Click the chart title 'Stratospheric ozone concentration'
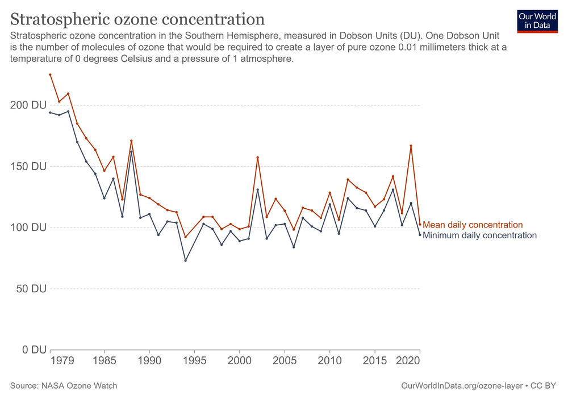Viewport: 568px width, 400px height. (137, 19)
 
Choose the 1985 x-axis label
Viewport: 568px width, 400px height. (104, 361)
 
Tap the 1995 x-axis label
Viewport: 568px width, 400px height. (194, 361)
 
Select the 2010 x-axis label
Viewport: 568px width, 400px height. (329, 361)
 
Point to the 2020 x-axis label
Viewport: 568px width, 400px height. (410, 361)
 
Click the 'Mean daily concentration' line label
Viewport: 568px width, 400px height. (473, 225)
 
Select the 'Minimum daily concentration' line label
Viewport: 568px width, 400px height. (479, 235)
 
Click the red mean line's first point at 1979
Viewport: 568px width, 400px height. (50, 74)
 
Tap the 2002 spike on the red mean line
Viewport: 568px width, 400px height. (258, 157)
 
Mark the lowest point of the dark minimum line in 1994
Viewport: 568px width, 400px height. (185, 260)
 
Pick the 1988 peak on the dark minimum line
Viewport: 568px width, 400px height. (131, 151)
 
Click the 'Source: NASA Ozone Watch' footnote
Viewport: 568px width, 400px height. (64, 386)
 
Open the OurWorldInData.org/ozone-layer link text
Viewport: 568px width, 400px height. (463, 386)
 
